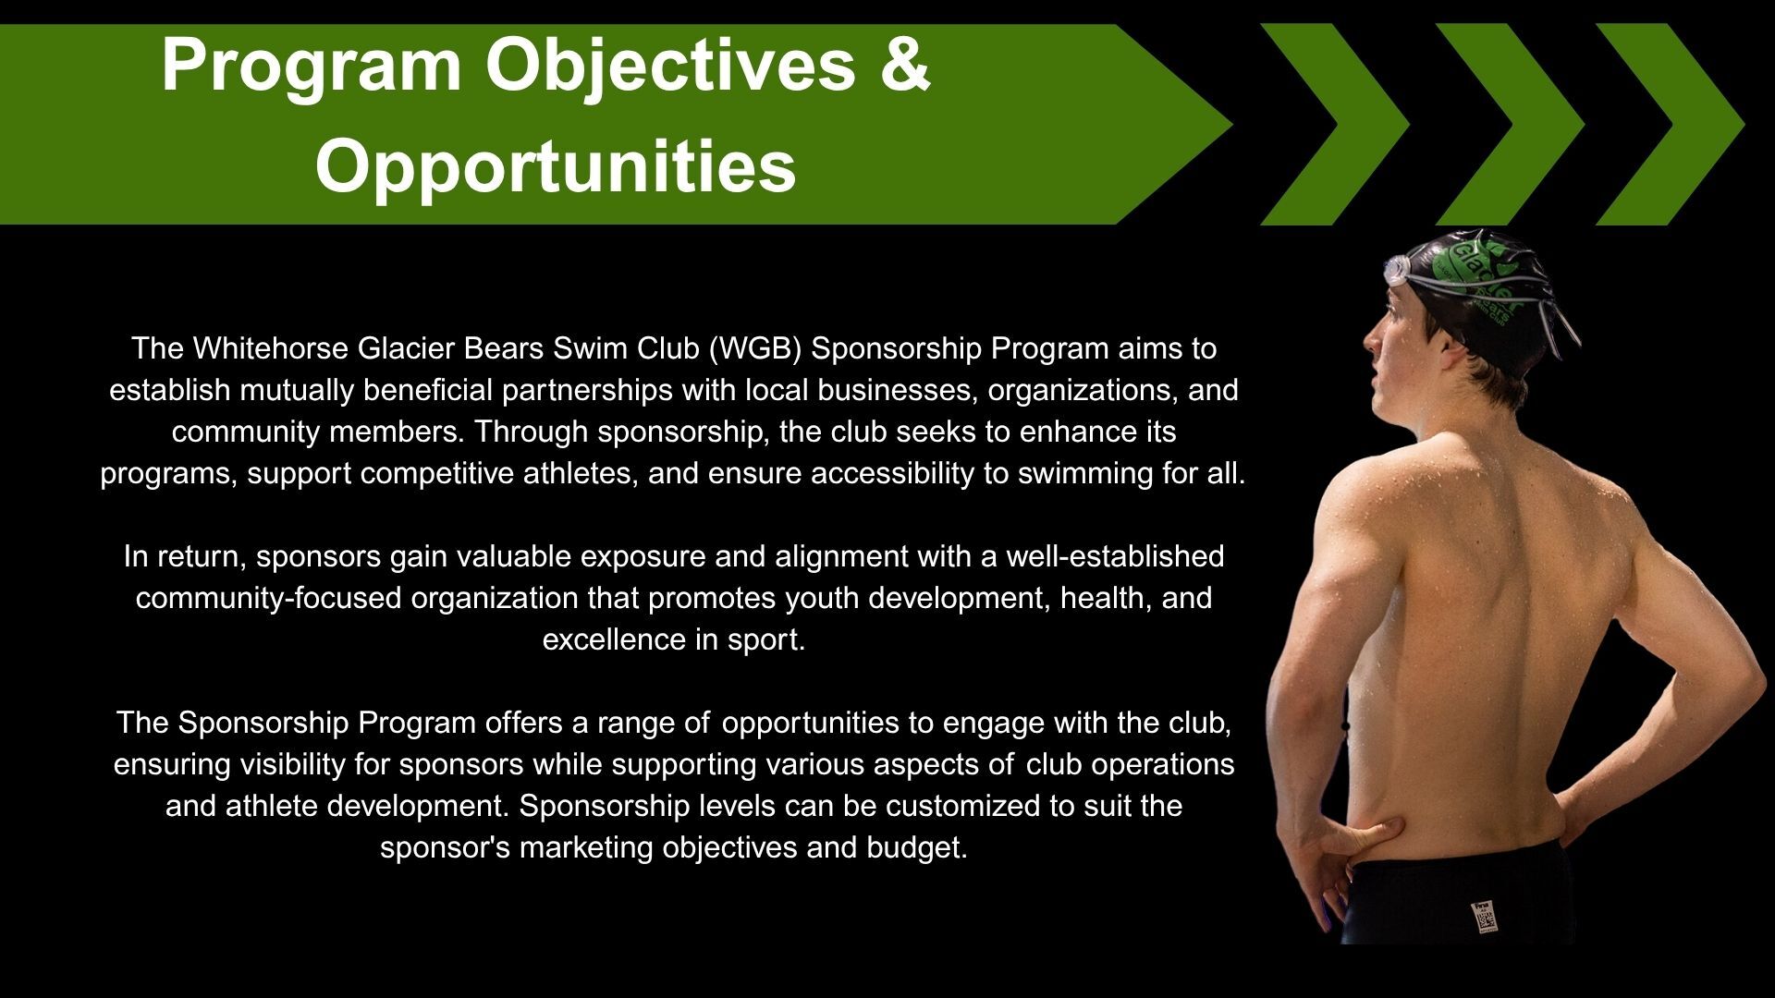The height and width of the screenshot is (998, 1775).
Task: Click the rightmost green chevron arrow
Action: click(1670, 124)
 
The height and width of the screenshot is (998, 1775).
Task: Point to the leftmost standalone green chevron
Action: click(1336, 124)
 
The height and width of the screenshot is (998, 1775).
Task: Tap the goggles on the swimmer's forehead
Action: click(1397, 270)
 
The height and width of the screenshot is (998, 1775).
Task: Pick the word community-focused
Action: click(269, 598)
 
